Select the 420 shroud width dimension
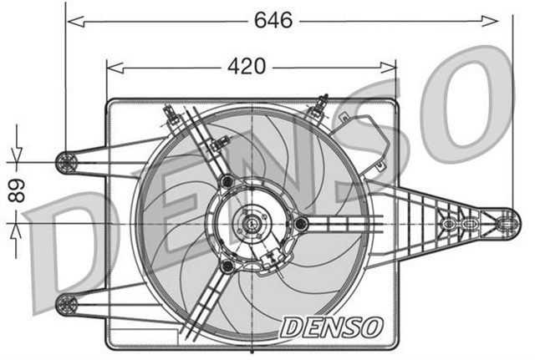pos(249,66)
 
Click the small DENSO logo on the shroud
pos(332,326)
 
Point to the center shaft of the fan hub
pos(251,223)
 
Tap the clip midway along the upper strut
pos(216,147)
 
